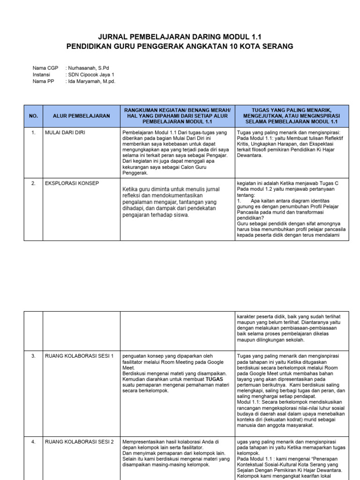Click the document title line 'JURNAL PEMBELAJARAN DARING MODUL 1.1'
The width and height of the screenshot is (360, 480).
point(180,37)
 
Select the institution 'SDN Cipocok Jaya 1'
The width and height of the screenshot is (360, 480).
point(92,75)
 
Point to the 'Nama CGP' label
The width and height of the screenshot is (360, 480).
point(45,68)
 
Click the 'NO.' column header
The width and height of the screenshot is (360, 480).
point(33,116)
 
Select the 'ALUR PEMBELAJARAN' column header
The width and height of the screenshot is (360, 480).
point(81,116)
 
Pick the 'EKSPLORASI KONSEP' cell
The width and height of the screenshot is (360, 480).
point(72,183)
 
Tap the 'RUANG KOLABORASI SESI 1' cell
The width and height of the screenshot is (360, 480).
point(79,356)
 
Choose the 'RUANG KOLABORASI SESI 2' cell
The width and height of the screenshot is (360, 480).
point(79,442)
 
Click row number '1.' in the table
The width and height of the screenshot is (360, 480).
point(33,133)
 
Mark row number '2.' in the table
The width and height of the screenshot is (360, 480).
point(33,183)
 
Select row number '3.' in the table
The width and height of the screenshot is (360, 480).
point(33,356)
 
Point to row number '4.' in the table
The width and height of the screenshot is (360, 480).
point(33,442)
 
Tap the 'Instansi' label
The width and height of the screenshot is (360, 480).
point(41,75)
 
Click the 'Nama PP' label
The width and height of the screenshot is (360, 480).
point(44,81)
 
